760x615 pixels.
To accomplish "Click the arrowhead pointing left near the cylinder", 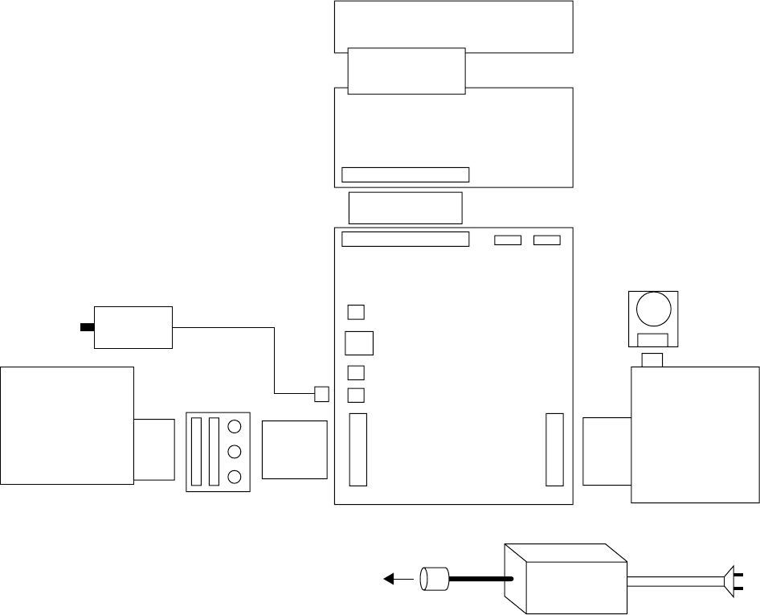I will tap(389, 577).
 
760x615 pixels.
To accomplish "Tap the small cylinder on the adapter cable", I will tap(434, 578).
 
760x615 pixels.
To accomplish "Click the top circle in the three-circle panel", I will tap(235, 427).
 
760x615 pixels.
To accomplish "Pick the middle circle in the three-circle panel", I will tap(235, 452).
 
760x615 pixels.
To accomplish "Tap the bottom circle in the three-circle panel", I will tap(235, 477).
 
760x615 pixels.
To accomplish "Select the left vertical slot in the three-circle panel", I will tap(197, 451).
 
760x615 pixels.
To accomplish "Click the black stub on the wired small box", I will tap(87, 327).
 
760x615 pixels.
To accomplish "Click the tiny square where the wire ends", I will tap(321, 394).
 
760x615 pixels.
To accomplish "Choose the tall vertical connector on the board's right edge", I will tap(554, 449).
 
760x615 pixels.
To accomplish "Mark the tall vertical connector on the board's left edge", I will tap(358, 449).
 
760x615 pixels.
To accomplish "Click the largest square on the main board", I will tap(359, 342).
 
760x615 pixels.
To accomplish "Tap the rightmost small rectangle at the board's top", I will tap(547, 240).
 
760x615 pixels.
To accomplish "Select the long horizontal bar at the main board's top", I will tap(405, 240).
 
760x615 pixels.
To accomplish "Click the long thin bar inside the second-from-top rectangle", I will tap(405, 174).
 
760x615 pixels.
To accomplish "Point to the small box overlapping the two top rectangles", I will tap(406, 71).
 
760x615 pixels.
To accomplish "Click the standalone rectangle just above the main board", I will tap(405, 207).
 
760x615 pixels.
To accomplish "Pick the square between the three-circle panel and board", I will tap(295, 449).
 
